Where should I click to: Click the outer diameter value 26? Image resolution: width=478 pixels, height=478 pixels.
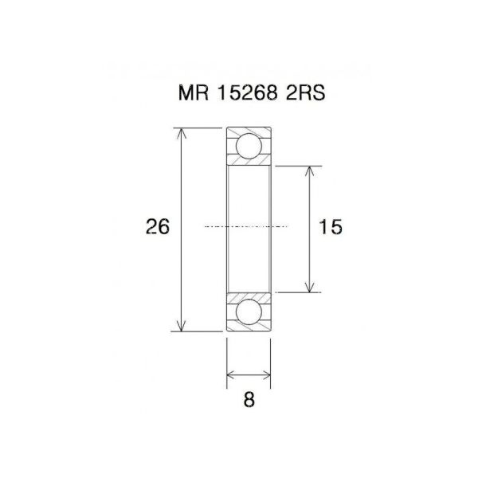tap(158, 227)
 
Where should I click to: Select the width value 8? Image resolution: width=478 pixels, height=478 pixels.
tap(249, 402)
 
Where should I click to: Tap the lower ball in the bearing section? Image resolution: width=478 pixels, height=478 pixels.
tap(249, 311)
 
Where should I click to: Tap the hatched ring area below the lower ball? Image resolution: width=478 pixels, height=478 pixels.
tap(249, 326)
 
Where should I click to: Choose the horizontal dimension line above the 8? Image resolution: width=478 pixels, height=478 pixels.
tap(249, 373)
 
